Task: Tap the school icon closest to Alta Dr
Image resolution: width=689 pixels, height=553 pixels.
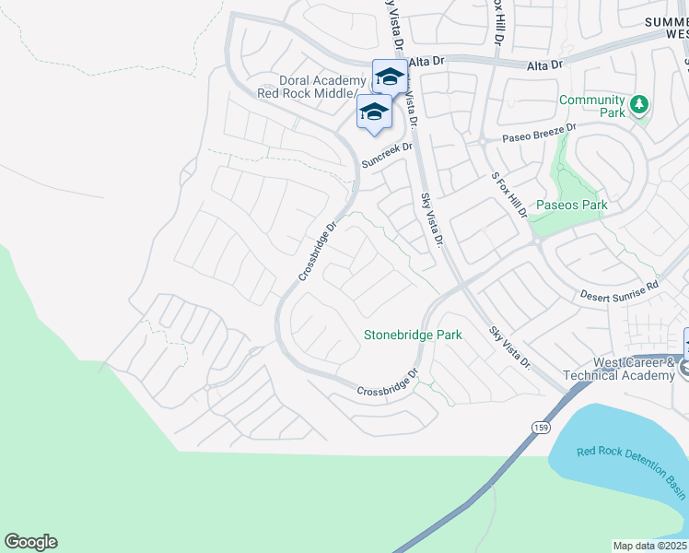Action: pos(389,76)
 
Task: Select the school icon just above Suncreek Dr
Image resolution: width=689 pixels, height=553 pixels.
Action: pos(373,112)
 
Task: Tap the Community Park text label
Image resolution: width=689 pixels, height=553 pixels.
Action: pos(591,106)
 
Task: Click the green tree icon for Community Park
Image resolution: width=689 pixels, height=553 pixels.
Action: pos(638,105)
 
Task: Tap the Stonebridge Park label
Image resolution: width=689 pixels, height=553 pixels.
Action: pos(413,335)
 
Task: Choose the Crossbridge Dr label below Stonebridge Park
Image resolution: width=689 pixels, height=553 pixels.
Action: pos(388,383)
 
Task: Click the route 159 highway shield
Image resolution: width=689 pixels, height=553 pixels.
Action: pos(540,426)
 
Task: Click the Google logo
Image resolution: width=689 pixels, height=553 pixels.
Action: pos(30,542)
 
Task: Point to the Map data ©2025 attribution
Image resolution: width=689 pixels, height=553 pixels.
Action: pos(649,546)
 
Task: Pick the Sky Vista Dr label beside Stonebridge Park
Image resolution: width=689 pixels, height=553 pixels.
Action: pos(510,347)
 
